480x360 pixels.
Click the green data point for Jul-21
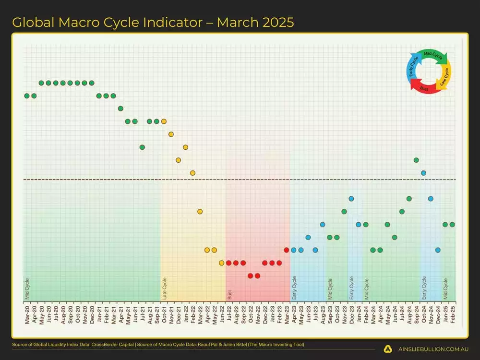click(x=142, y=147)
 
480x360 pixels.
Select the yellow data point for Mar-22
click(x=200, y=211)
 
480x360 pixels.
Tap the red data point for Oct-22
click(x=251, y=276)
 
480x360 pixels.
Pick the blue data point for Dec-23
click(x=351, y=198)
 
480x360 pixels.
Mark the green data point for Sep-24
click(x=416, y=160)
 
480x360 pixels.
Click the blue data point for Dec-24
click(x=438, y=250)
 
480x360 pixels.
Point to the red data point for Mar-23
click(x=287, y=250)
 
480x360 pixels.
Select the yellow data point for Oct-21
click(x=164, y=121)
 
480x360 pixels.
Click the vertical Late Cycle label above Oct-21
click(x=165, y=288)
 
